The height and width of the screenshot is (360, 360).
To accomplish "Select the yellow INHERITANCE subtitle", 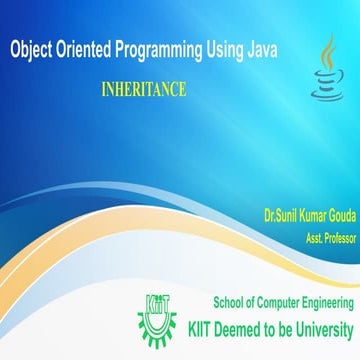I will click(x=144, y=88).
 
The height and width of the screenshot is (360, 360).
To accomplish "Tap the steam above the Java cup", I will click(x=328, y=52).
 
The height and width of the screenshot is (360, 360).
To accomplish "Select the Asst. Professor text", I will click(x=320, y=237).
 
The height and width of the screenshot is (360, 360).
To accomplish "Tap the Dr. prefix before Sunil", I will click(x=258, y=215).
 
